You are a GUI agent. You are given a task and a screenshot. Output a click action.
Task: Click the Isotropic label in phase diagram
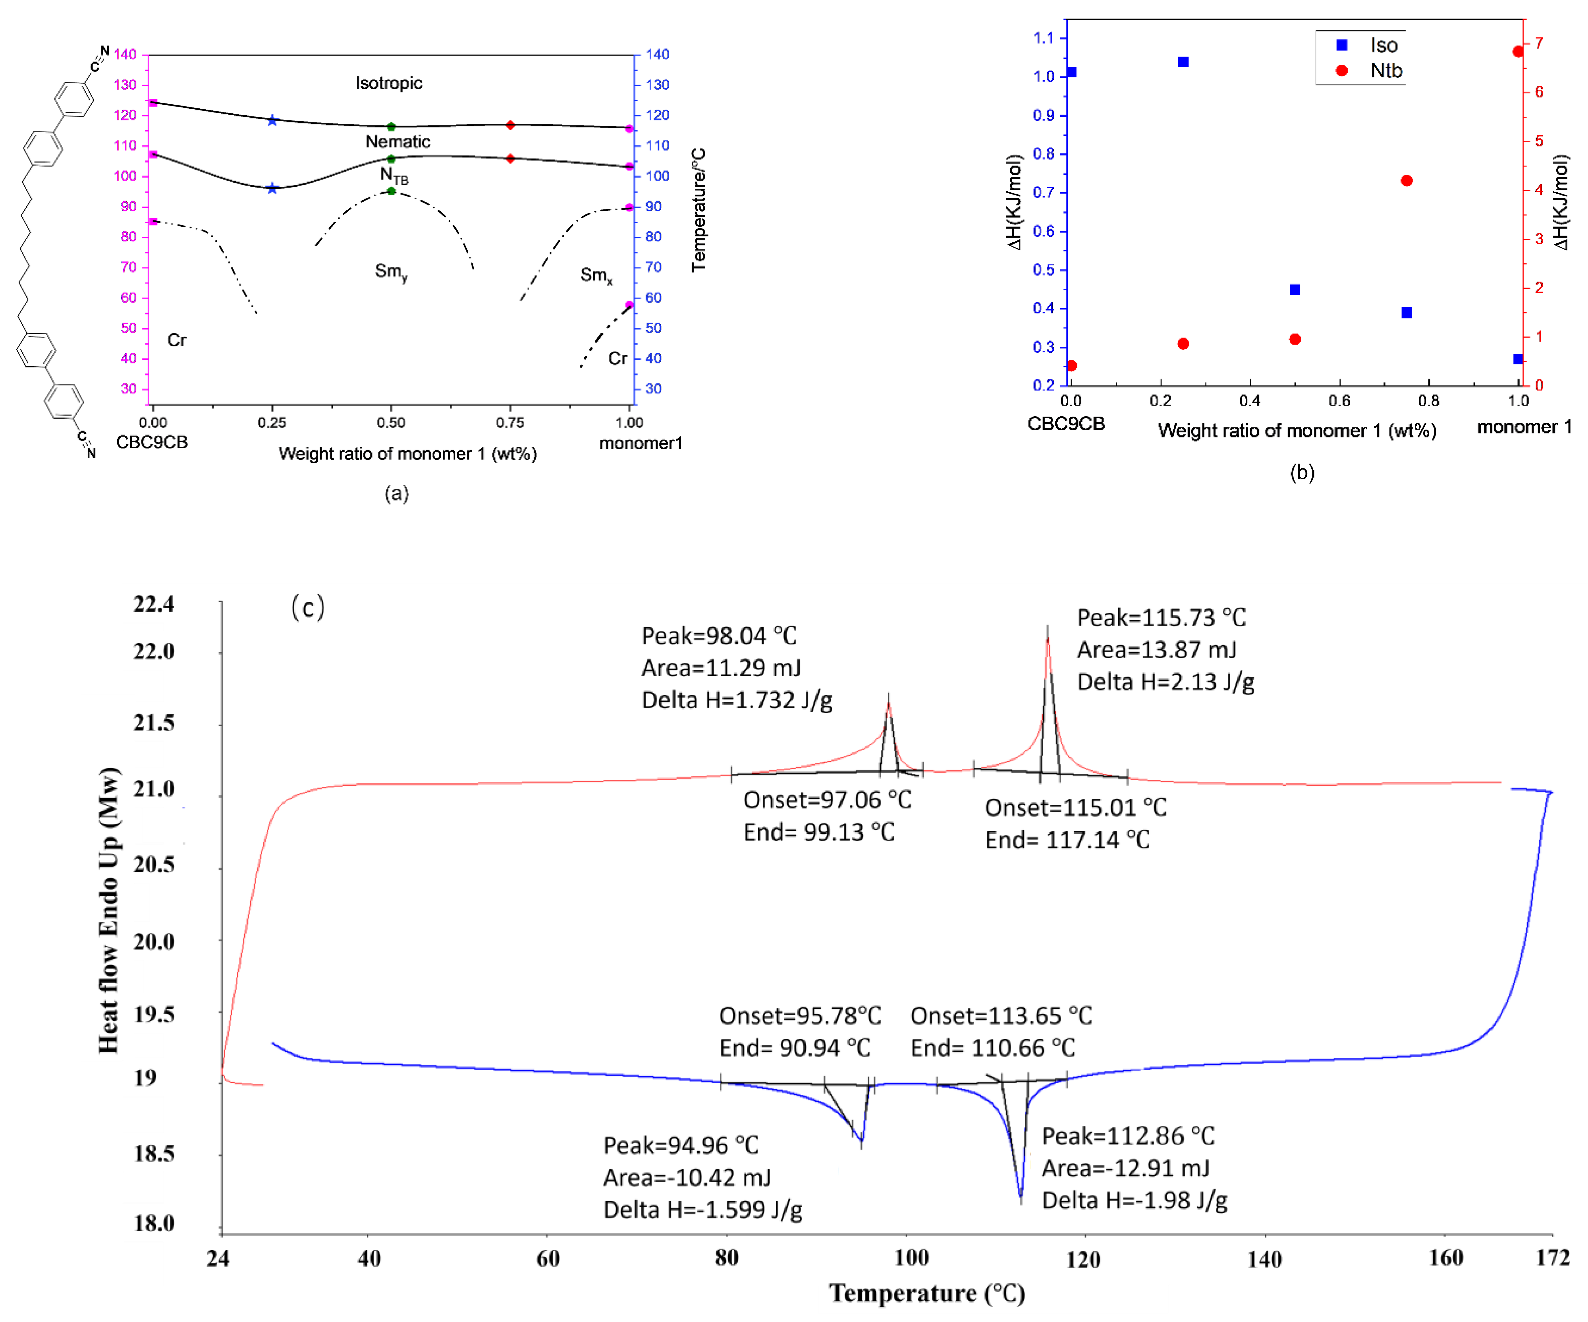pyautogui.click(x=389, y=83)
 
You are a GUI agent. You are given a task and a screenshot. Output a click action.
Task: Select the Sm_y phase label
pyautogui.click(x=391, y=271)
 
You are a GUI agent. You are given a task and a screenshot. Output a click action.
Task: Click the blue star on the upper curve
pyautogui.click(x=272, y=120)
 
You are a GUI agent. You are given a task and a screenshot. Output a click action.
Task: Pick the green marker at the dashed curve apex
pyautogui.click(x=391, y=191)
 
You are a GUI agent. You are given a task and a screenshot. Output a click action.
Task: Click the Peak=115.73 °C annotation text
pyautogui.click(x=1161, y=618)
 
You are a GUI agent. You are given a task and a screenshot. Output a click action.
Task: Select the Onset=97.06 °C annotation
pyautogui.click(x=827, y=799)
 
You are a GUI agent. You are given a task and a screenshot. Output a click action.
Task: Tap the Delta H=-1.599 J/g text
pyautogui.click(x=702, y=1209)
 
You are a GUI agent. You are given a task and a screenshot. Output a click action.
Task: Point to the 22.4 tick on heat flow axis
pyautogui.click(x=154, y=603)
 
